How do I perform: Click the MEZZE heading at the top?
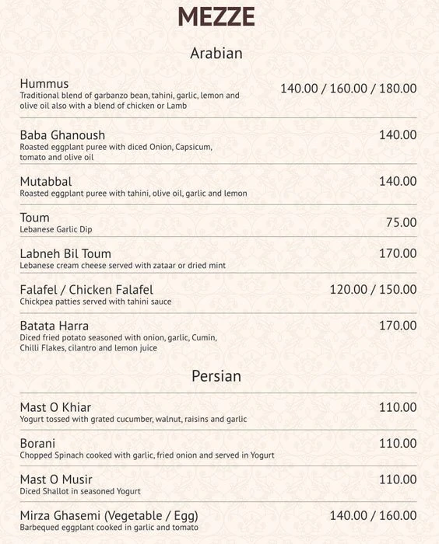pos(216,17)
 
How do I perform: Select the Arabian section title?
pos(216,54)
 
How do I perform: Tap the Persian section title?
pos(216,376)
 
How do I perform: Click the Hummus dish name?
pos(44,84)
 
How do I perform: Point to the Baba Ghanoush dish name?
pos(62,135)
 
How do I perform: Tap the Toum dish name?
pos(35,218)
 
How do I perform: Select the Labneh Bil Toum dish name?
pos(65,254)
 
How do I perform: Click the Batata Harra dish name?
pos(54,326)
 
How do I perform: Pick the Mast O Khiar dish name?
pos(55,408)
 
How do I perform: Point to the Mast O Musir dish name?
pos(56,479)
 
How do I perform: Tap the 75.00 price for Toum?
pos(401,222)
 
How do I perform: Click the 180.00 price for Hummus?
pos(398,89)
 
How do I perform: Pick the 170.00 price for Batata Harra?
pos(398,326)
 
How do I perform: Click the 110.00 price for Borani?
pos(398,444)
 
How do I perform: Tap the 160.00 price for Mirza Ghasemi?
pos(398,515)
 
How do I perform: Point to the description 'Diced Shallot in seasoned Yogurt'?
pos(80,491)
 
